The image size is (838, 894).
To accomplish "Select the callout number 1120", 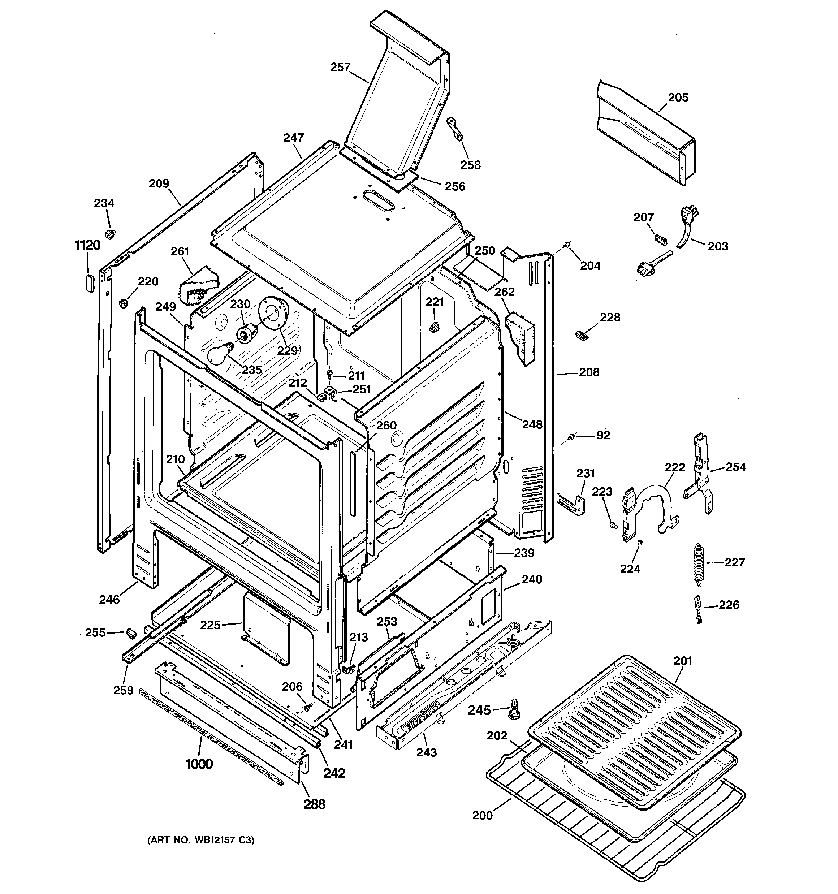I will click(x=87, y=246).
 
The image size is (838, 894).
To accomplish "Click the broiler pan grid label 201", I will click(x=682, y=661).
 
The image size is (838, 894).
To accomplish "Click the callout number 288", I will click(x=314, y=804).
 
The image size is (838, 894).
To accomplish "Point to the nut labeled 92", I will click(x=571, y=436).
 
